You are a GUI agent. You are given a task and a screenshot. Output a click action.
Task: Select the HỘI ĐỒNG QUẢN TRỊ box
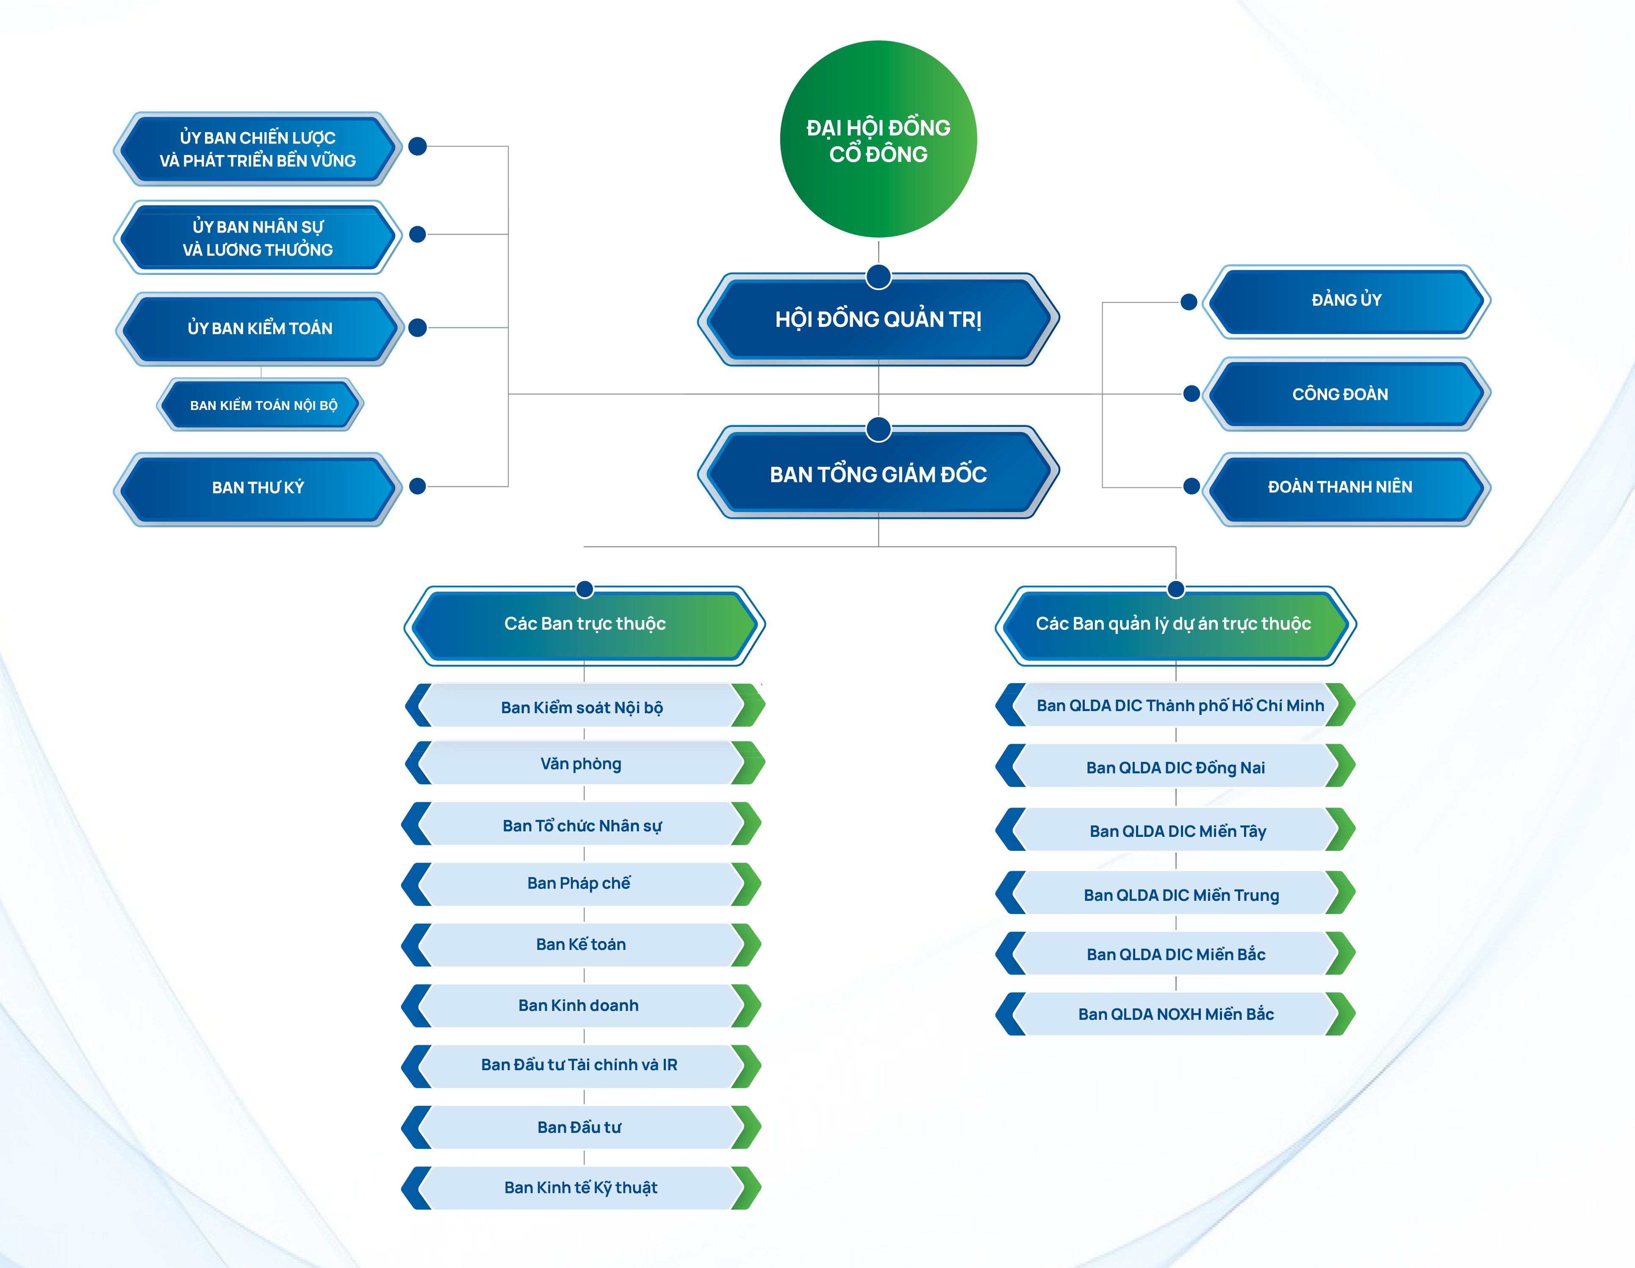878,320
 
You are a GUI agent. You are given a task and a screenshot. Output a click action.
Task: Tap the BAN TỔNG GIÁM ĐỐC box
878,474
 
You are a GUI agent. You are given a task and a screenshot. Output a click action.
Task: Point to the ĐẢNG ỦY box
1346,300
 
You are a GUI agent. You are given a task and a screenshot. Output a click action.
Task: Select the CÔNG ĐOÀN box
1340,394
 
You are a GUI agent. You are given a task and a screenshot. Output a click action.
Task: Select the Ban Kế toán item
581,944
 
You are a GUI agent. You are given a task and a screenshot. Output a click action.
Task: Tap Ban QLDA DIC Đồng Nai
1175,768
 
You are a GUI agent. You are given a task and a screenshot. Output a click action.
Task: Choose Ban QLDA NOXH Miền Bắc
1175,1014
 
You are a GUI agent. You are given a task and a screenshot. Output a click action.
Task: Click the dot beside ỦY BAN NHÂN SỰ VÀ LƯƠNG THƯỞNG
418,234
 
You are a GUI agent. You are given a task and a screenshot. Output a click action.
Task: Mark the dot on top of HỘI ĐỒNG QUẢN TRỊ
878,276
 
